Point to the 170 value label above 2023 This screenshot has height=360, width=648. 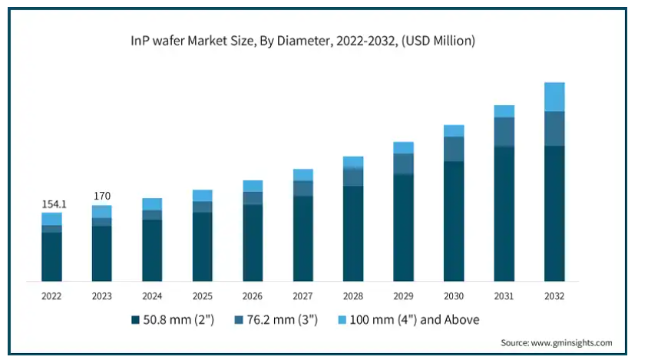pos(101,197)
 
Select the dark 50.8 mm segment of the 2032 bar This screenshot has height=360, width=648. pos(554,213)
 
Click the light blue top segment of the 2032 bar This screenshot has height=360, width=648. pos(554,97)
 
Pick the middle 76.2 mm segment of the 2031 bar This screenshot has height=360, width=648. pos(504,131)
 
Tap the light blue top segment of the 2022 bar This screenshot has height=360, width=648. pos(51,219)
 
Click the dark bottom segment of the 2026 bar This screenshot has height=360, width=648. pos(253,243)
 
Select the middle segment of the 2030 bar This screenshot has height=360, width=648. pos(454,149)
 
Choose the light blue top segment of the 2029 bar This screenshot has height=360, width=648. pos(404,147)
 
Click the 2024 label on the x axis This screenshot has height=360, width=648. pos(152,296)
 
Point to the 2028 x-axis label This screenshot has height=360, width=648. pos(353,296)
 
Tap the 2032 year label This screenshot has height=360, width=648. pos(554,296)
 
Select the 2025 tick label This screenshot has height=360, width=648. pos(203,296)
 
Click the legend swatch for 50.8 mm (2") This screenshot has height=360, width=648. pos(136,319)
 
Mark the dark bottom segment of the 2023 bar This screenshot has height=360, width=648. pos(101,253)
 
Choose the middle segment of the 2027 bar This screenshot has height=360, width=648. pos(303,188)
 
